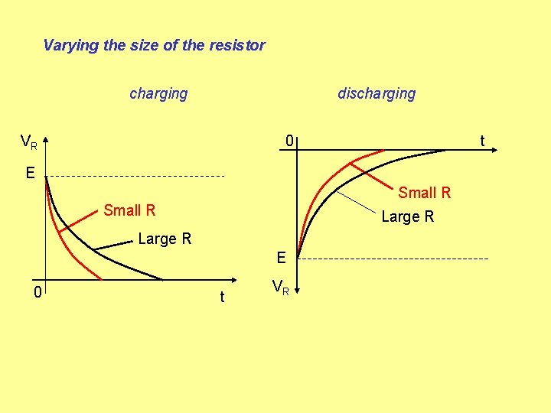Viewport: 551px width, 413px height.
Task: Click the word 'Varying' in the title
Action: tap(70, 45)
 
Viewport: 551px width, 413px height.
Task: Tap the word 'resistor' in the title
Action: tap(236, 45)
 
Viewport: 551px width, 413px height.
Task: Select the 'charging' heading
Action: tap(158, 93)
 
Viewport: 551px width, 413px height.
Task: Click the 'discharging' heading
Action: tap(377, 93)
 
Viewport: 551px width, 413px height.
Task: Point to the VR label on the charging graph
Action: tap(29, 142)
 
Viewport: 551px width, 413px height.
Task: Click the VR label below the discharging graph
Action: tap(281, 288)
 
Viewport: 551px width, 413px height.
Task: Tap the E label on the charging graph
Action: tap(30, 173)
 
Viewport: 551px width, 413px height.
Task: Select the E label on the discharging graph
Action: tap(281, 259)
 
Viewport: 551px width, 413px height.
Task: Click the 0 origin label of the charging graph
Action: tap(36, 291)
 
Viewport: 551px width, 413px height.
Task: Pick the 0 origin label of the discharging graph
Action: tap(289, 141)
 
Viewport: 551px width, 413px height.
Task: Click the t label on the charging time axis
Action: tap(222, 297)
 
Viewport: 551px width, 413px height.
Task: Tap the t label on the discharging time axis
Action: tap(482, 141)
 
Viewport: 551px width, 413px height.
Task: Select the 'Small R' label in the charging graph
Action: tap(129, 210)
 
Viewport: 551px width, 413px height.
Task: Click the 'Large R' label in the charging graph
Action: tap(165, 239)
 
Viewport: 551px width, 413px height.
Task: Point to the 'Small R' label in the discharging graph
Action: tap(425, 193)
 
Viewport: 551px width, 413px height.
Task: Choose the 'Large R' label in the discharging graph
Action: tap(407, 216)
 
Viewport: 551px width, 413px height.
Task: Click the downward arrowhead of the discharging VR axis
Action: tap(298, 289)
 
